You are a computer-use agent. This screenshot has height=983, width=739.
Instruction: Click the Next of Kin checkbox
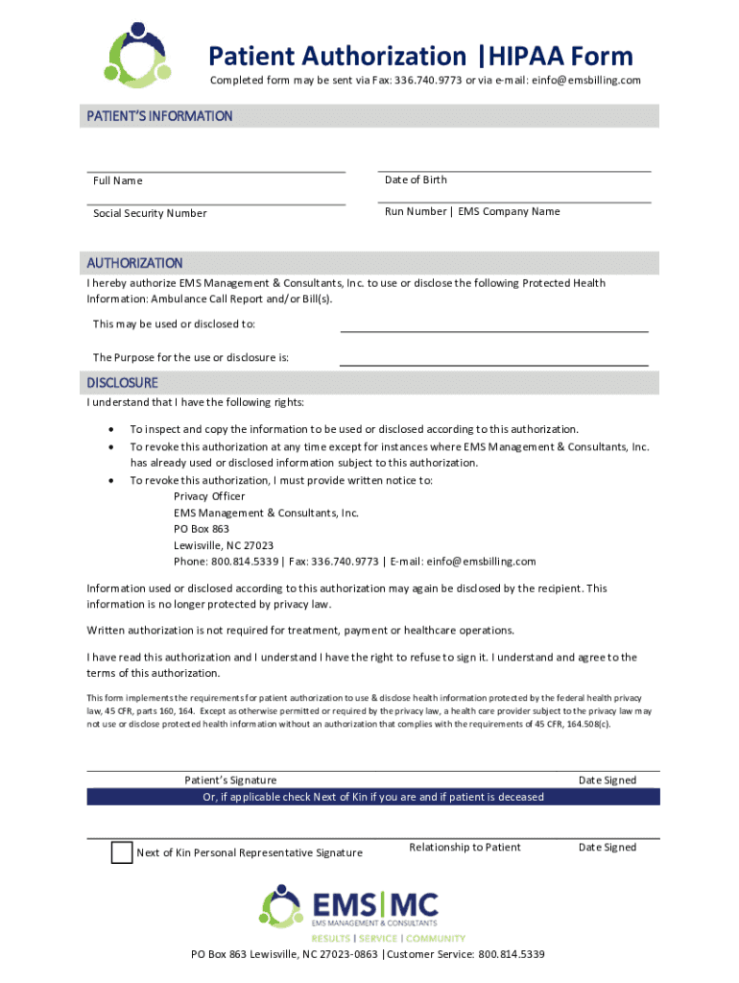pos(122,852)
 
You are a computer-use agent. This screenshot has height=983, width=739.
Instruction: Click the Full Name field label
pos(118,180)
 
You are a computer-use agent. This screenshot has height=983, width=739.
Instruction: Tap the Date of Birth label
pos(416,180)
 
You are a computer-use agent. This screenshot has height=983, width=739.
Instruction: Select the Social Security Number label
pos(150,213)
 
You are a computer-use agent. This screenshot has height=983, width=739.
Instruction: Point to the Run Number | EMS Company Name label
pos(472,211)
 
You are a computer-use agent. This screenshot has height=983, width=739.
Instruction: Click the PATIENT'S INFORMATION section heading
pos(159,116)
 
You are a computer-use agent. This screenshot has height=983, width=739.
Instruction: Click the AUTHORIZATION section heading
pos(134,262)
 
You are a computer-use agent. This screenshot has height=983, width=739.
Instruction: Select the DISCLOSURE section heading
pos(123,382)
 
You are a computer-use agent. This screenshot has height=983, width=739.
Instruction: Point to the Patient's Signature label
pos(230,780)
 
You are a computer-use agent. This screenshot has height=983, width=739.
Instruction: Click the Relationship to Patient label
pos(465,847)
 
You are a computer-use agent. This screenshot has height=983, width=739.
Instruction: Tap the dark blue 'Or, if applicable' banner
pos(373,797)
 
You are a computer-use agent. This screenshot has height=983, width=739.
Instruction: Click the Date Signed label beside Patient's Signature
pos(607,780)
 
